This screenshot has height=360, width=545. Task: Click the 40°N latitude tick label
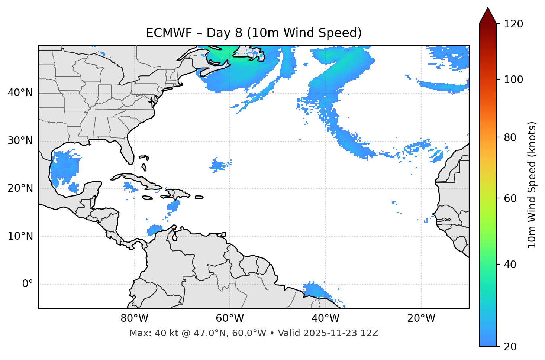pyautogui.click(x=20, y=93)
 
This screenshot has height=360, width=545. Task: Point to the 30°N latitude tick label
pyautogui.click(x=20, y=141)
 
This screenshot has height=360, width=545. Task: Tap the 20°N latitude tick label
pyautogui.click(x=20, y=188)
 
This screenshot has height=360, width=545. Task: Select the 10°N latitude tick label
pyautogui.click(x=20, y=236)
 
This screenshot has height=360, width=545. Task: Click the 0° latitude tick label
pyautogui.click(x=27, y=284)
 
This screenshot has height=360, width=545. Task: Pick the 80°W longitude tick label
pyautogui.click(x=134, y=318)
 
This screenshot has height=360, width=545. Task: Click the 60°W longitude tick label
pyautogui.click(x=230, y=318)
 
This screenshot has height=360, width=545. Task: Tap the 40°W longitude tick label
pyautogui.click(x=325, y=318)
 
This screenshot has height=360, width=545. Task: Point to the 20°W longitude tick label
pyautogui.click(x=421, y=318)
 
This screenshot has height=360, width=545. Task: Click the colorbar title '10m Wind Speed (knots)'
pyautogui.click(x=532, y=185)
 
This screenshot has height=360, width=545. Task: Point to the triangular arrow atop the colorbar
pyautogui.click(x=488, y=16)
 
